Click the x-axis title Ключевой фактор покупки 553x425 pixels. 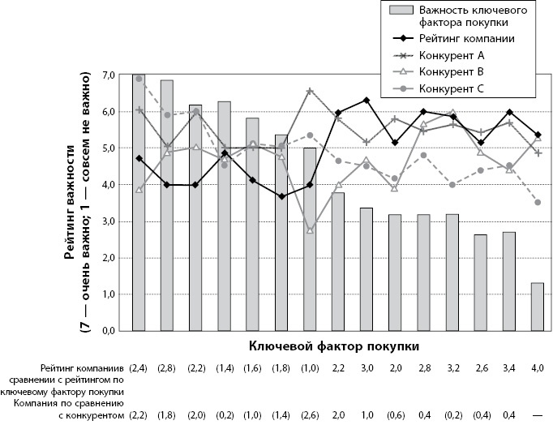point(334,346)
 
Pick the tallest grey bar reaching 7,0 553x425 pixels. point(139,203)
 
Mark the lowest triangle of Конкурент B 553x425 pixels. point(310,230)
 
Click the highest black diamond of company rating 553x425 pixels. point(367,101)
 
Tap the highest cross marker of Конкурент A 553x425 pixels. point(310,91)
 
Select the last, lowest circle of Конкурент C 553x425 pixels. point(537,203)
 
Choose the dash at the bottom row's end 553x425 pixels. point(537,415)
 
